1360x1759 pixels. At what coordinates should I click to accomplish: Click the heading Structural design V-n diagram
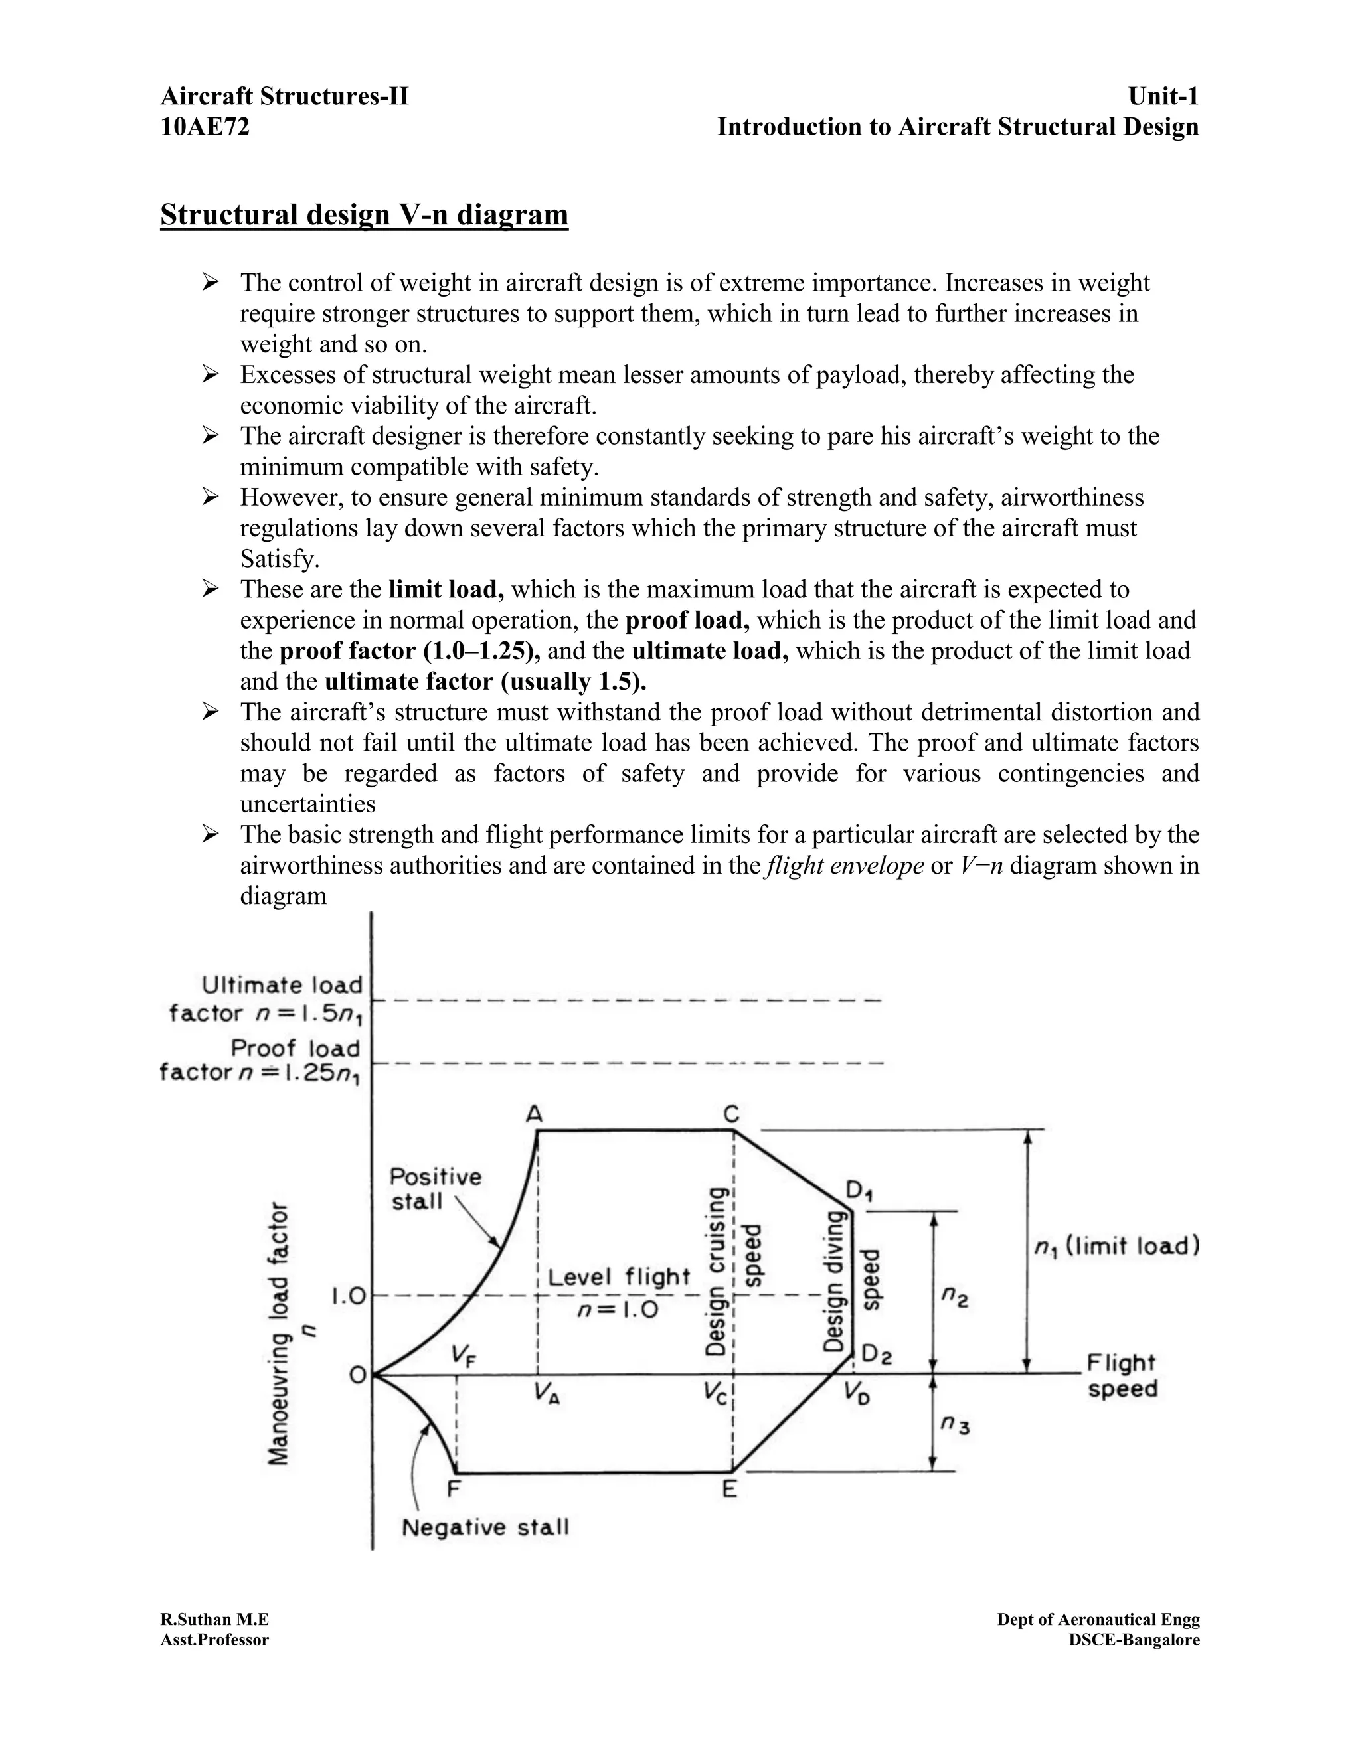pos(364,215)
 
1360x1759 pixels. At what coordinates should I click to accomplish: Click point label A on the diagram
pos(533,1114)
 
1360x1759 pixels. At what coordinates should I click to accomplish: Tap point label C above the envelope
pos(730,1114)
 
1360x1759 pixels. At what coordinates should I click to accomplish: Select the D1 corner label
pos(860,1190)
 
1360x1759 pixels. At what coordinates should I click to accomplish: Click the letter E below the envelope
pos(729,1490)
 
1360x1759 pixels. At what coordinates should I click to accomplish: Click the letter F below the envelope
pos(454,1490)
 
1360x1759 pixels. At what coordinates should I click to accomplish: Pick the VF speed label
pos(464,1356)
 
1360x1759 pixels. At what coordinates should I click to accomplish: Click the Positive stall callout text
pos(435,1189)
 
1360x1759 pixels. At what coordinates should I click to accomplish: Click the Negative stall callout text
pos(485,1528)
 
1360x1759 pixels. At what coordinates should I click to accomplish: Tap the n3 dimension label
pos(955,1426)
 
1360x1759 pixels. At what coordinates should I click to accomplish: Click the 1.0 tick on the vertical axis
pos(348,1297)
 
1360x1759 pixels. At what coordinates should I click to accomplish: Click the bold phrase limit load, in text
pos(446,589)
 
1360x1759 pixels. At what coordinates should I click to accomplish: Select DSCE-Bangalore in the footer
pos(1134,1640)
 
